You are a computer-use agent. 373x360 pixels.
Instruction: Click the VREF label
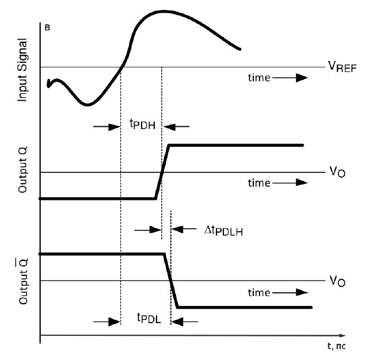tap(343, 67)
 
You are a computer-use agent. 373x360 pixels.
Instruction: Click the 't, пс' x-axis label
tap(337, 346)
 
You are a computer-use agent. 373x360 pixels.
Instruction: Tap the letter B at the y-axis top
tap(47, 27)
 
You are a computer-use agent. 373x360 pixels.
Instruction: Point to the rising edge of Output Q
tap(162, 172)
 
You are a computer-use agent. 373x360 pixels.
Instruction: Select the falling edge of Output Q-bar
tap(171, 281)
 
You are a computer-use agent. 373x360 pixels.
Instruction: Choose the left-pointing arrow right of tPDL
tap(188, 321)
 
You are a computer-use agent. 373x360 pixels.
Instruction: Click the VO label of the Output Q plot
tap(337, 172)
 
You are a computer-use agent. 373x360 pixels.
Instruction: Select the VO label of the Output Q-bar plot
tap(337, 281)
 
